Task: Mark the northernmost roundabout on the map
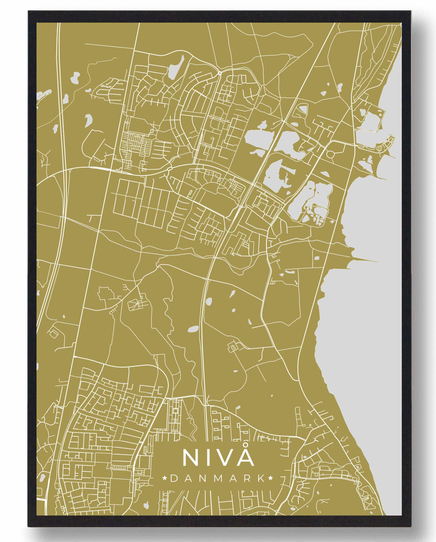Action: click(x=220, y=73)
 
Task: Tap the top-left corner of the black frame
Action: click(x=28, y=11)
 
